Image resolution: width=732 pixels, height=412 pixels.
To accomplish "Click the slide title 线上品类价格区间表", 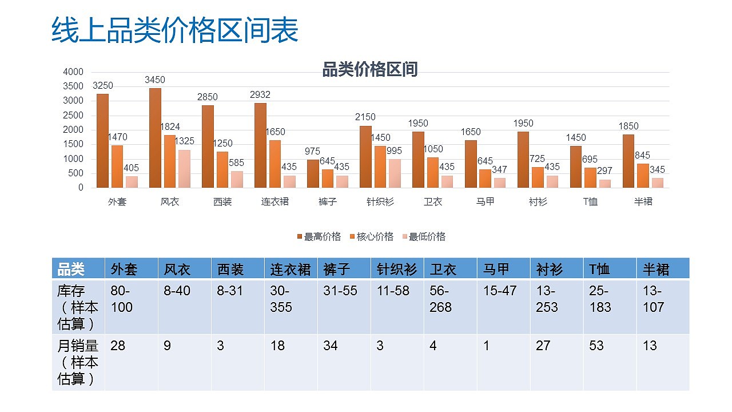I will [x=175, y=30].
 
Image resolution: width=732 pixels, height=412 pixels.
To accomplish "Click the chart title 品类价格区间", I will [x=370, y=69].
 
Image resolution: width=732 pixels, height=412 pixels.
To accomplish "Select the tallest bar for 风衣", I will [x=155, y=138].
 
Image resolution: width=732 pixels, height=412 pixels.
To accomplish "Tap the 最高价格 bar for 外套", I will [x=102, y=141].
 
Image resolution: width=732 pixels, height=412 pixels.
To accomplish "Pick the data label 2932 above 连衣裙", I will [x=260, y=95].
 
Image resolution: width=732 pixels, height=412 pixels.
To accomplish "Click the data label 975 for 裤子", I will [x=312, y=152].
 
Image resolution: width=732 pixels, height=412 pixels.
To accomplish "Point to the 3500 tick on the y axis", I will [x=74, y=86].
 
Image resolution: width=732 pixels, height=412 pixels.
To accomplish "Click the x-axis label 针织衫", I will [x=380, y=202].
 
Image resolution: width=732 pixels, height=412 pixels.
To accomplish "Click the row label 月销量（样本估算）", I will [x=78, y=362].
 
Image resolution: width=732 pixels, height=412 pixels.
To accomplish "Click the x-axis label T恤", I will [x=591, y=202].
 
